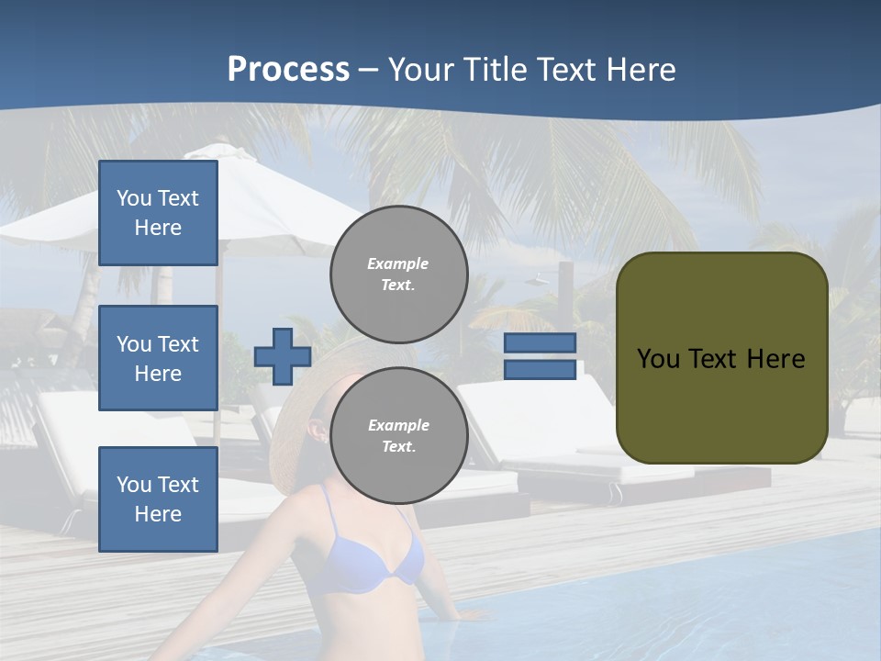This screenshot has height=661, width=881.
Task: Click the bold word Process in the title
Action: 288,69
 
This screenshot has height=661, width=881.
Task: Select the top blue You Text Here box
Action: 158,213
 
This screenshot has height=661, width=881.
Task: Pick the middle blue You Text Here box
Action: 158,358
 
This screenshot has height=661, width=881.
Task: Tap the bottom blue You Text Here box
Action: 158,499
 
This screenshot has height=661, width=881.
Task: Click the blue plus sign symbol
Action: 283,356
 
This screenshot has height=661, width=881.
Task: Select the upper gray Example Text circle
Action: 398,274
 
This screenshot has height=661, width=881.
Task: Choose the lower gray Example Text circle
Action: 398,435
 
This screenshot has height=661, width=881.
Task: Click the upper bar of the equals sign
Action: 540,343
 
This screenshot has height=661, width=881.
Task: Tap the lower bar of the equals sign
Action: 540,370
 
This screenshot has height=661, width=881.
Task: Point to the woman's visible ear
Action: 318,430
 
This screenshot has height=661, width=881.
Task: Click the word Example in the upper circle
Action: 398,263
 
